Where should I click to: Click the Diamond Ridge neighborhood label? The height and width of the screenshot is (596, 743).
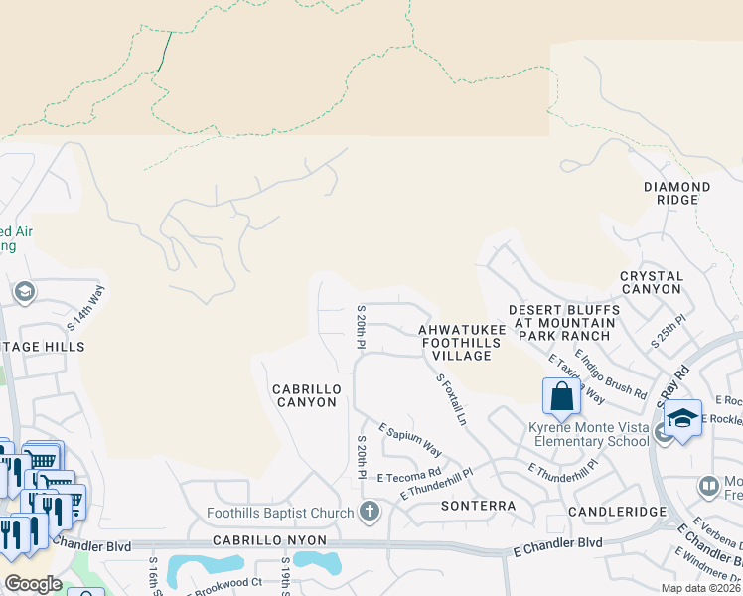pos(676,193)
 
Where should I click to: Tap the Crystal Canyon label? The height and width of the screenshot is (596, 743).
pos(652,282)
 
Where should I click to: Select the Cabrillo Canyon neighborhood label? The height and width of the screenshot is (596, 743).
pos(307,395)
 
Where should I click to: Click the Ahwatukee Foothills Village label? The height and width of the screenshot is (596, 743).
pos(455,342)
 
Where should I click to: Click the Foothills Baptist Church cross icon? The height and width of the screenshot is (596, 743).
pos(370,513)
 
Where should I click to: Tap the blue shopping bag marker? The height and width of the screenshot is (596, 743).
pos(561,396)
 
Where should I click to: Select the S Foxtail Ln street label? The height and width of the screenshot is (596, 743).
pos(451,399)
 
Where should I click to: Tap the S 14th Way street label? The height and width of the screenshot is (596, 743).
pos(85,308)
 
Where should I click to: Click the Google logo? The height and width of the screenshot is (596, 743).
pos(32,584)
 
